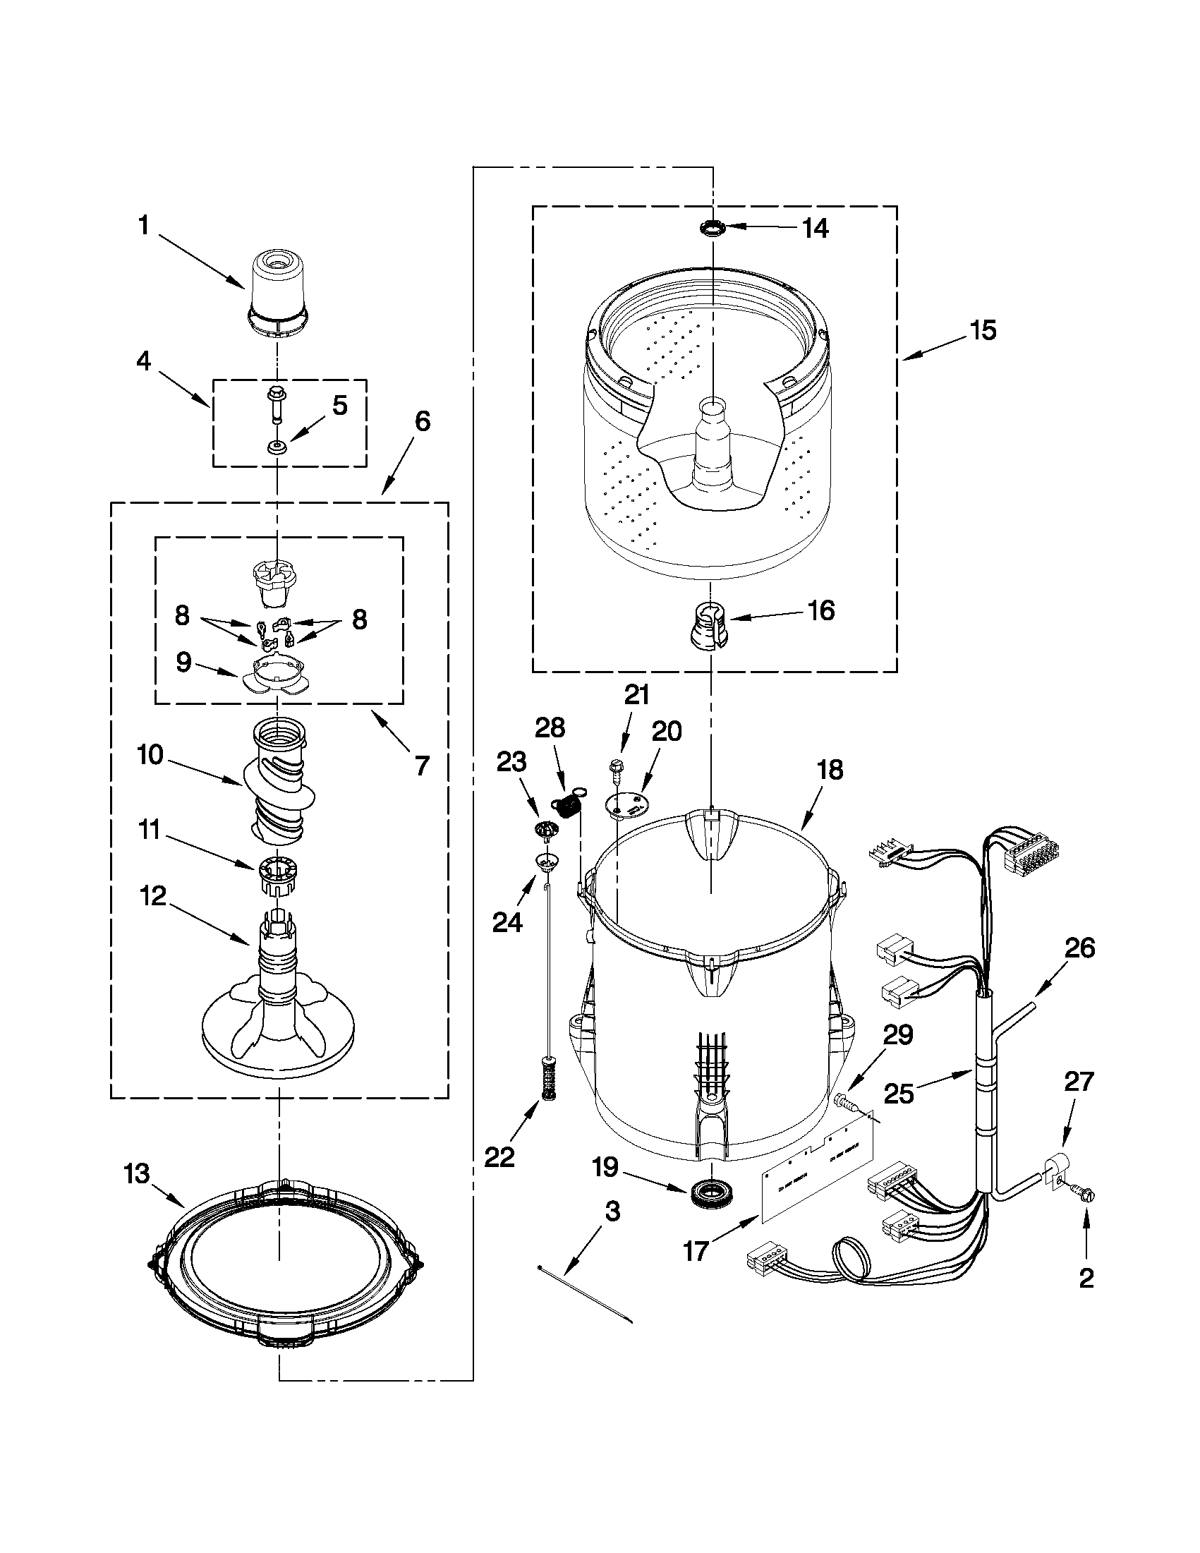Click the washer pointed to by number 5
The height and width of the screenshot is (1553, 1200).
click(x=276, y=447)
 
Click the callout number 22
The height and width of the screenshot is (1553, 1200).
click(x=499, y=1157)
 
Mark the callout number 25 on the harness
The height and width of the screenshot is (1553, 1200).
click(x=899, y=1093)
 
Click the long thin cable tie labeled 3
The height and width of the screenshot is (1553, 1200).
click(x=586, y=1294)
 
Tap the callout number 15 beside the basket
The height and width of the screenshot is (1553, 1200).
click(x=983, y=330)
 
